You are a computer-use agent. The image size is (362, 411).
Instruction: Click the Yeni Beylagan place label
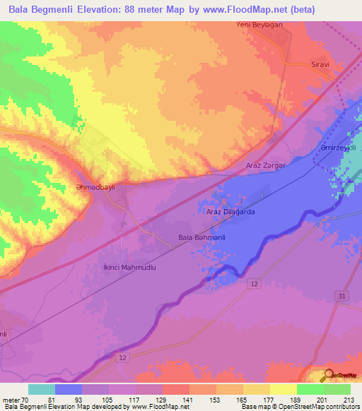[x=259, y=25]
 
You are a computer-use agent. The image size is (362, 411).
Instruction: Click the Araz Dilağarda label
[x=230, y=211]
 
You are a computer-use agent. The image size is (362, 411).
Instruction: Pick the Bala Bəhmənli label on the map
[x=202, y=238]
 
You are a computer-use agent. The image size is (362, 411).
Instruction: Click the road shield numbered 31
[x=341, y=295]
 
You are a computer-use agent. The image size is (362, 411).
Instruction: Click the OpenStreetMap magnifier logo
[x=329, y=375]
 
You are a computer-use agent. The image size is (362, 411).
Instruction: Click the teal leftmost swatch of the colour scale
[x=41, y=389]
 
